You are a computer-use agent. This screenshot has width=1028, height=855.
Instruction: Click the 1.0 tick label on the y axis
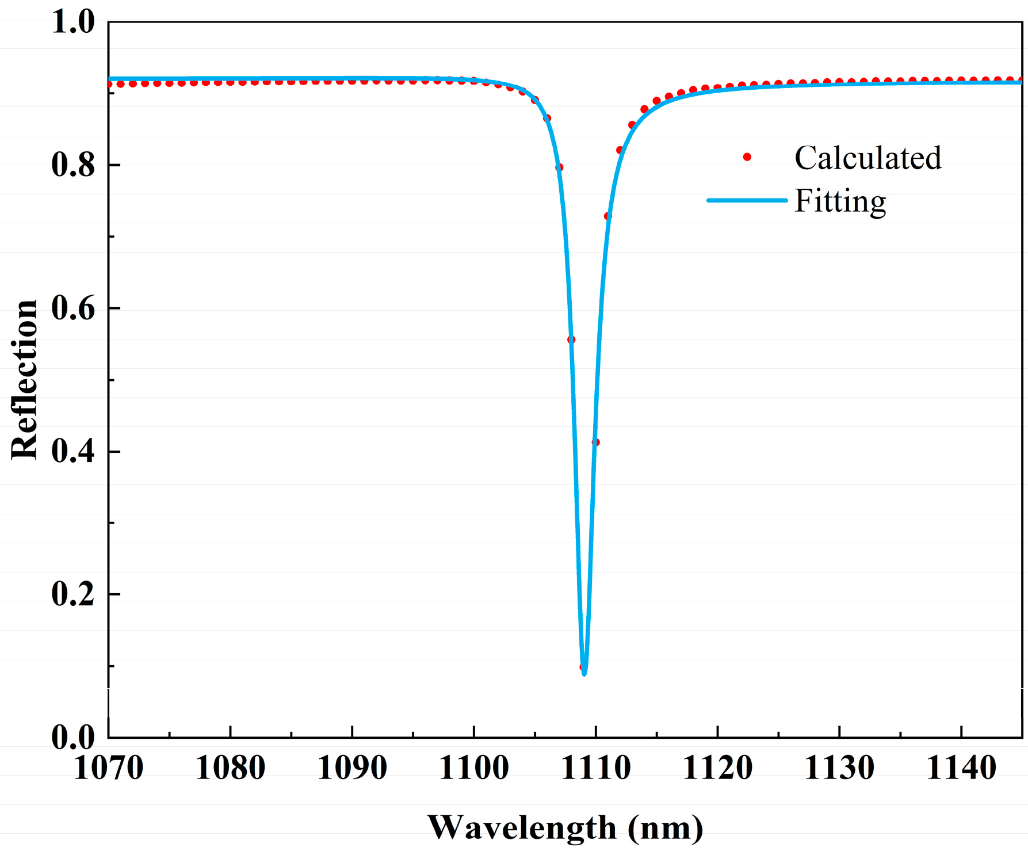point(73,22)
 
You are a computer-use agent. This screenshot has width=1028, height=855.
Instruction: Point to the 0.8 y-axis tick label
point(73,165)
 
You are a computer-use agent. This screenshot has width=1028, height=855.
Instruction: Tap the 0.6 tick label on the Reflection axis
point(73,308)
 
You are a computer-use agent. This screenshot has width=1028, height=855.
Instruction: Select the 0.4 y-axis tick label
point(73,451)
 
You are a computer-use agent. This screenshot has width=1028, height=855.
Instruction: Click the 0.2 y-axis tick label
point(73,594)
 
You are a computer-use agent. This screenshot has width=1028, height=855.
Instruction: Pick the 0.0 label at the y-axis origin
point(73,737)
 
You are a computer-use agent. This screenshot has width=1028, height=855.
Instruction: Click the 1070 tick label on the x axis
point(108,768)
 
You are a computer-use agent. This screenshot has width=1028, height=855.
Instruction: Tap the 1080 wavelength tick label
point(230,768)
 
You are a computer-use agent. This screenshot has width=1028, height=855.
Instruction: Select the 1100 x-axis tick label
point(474,768)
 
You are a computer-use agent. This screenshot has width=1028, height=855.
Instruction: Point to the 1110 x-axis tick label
point(596,768)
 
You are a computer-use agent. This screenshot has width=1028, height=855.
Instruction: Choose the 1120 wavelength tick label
point(717,768)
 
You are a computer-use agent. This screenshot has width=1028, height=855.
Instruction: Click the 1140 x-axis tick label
point(961,768)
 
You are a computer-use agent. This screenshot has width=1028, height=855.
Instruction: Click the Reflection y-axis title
point(24,380)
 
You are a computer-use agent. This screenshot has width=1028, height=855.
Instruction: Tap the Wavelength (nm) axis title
point(565,828)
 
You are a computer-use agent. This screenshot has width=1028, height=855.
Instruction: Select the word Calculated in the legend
point(868,158)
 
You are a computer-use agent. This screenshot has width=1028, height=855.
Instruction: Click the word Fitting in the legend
point(840,201)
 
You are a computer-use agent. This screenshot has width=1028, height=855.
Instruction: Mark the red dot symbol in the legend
point(747,157)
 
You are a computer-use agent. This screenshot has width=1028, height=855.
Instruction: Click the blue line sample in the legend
point(747,200)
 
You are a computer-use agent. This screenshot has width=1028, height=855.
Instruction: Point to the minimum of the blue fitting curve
point(584,673)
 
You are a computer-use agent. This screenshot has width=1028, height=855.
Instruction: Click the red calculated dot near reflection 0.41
point(596,442)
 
